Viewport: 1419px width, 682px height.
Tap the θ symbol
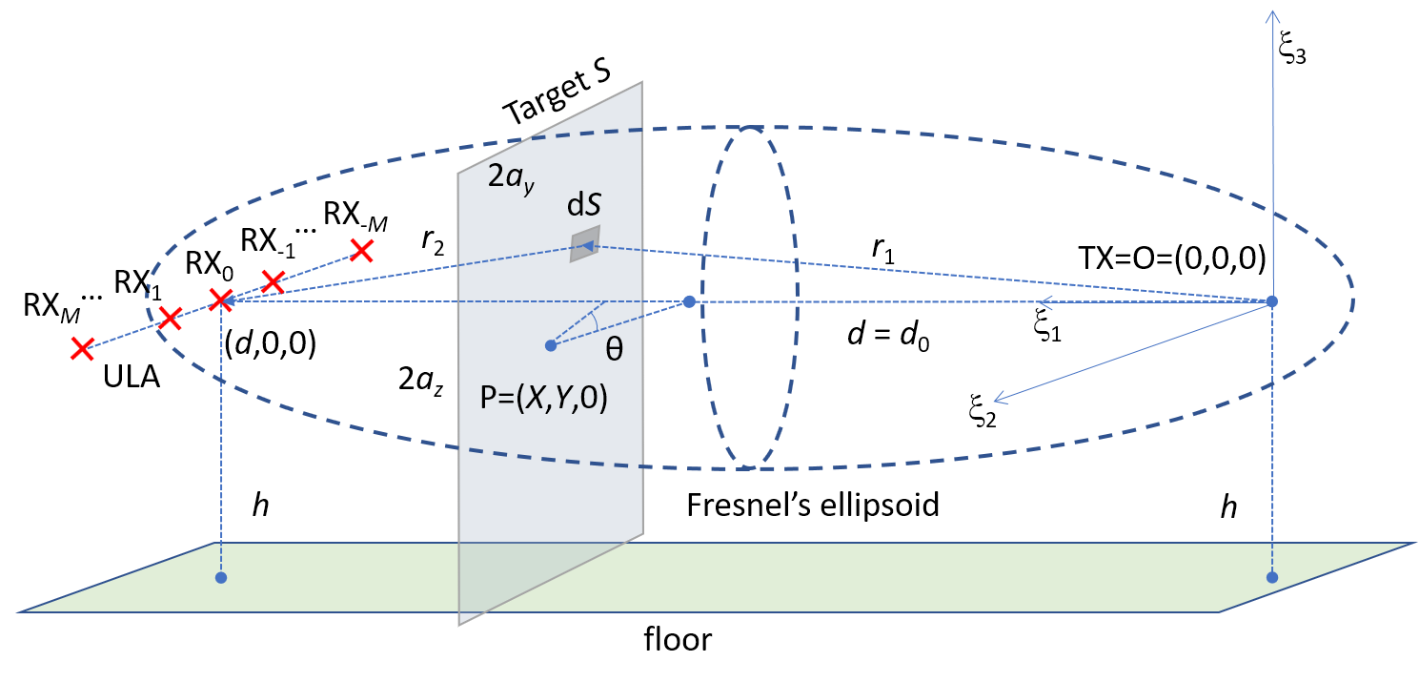(x=615, y=349)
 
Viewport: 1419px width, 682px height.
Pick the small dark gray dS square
(x=584, y=244)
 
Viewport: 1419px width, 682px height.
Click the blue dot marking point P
(x=550, y=345)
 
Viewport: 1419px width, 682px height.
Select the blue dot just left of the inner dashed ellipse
(x=690, y=301)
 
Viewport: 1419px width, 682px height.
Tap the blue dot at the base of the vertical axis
(x=1271, y=301)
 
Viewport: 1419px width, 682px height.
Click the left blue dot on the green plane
(x=221, y=577)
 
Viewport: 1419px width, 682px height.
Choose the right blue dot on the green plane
(x=1271, y=577)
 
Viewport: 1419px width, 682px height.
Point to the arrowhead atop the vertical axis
(x=1271, y=13)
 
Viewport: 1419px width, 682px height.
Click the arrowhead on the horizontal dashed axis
(x=1045, y=302)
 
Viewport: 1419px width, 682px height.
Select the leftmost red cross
(x=82, y=349)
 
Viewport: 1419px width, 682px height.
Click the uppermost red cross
(x=362, y=250)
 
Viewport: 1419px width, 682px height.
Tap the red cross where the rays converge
(x=221, y=300)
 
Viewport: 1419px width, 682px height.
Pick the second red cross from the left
(x=170, y=319)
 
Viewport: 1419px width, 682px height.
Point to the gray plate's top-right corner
(x=643, y=82)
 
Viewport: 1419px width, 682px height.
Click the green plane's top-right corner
(x=1415, y=544)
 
